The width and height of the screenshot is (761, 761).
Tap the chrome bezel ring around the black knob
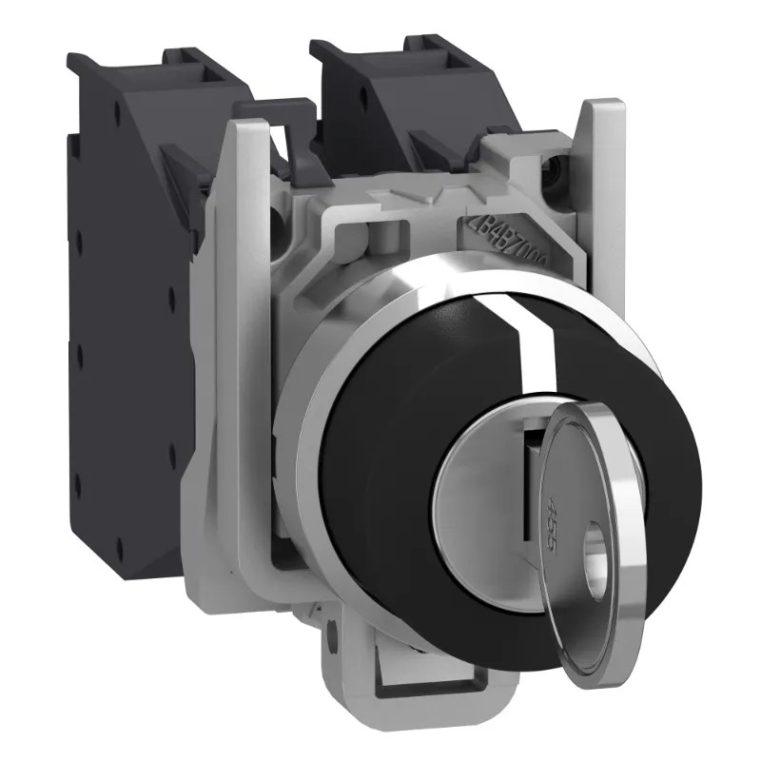pos(314,400)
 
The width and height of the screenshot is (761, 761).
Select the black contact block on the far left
pos(124,361)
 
